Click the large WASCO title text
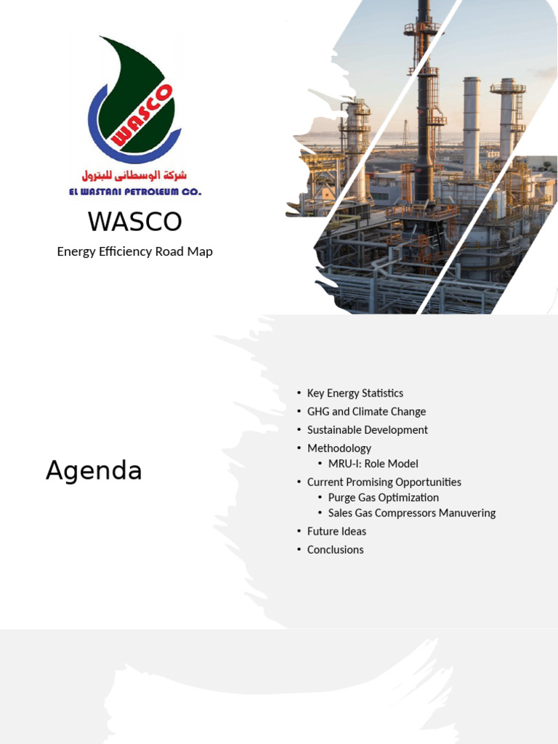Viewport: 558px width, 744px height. [134, 222]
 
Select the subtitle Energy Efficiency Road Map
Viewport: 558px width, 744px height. [134, 251]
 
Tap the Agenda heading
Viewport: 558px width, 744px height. [94, 472]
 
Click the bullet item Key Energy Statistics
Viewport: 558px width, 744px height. [355, 393]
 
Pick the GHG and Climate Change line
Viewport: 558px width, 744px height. [366, 411]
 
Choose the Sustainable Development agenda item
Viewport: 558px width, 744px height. [367, 429]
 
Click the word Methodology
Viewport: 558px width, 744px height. [339, 448]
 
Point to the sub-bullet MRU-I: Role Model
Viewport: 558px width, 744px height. [373, 464]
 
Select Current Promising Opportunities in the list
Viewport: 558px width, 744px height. [384, 482]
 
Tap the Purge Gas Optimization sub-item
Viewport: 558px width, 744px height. [383, 497]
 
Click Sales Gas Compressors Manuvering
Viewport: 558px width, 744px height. [411, 513]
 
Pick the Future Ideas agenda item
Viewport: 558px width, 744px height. [336, 531]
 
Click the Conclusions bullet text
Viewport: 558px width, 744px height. [335, 549]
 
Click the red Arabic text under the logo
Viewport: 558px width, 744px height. [134, 176]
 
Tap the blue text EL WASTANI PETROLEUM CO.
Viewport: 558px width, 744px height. [134, 192]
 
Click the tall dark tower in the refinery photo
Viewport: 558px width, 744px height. [424, 109]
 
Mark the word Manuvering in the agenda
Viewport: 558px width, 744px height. [461, 513]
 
